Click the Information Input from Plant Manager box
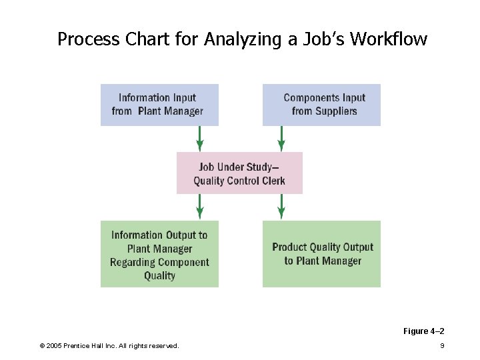pos(159,105)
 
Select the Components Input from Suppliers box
pos(321,105)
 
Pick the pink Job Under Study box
pos(239,173)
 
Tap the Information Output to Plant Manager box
pos(159,254)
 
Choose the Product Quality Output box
pos(321,254)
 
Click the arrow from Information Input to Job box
pos(199,139)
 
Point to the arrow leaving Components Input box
pos(281,139)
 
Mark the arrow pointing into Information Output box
pos(199,207)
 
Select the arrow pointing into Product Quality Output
pos(281,207)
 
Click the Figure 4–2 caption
pos(424,331)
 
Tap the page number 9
pos(442,345)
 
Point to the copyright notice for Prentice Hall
pos(109,345)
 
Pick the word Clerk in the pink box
pos(273,181)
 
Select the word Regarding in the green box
pos(133,262)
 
